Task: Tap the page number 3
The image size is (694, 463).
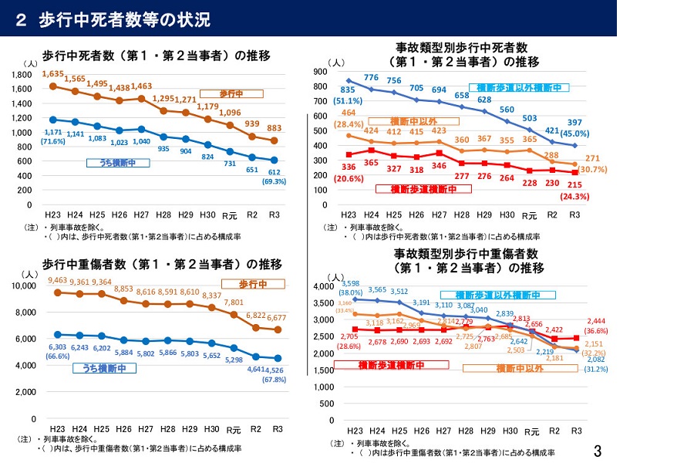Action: [597, 451]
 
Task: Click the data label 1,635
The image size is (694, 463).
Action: [53, 74]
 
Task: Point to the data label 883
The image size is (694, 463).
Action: [275, 128]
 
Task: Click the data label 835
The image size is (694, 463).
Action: [346, 90]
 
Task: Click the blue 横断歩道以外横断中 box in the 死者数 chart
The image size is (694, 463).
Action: [518, 87]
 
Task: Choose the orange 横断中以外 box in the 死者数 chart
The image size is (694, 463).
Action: [403, 121]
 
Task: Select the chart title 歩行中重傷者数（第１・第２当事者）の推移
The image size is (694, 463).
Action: [162, 264]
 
